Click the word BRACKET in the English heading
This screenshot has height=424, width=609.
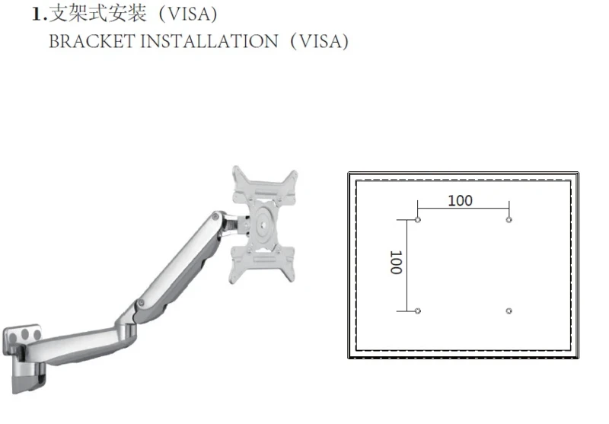[91, 41]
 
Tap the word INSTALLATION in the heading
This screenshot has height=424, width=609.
[209, 41]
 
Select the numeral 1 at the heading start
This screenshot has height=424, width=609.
[37, 14]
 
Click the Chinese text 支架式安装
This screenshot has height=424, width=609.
[98, 14]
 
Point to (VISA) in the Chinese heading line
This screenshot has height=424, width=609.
[188, 14]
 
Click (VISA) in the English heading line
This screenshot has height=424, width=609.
[319, 42]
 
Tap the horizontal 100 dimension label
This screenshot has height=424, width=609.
[461, 201]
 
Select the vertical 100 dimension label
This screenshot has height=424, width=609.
[396, 263]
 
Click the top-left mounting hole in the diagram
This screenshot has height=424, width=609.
[417, 220]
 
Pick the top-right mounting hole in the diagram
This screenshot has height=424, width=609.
[509, 220]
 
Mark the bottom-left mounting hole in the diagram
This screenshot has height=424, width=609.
[417, 311]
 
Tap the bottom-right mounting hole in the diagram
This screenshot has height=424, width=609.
[509, 311]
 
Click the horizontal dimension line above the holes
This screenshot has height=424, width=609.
[463, 209]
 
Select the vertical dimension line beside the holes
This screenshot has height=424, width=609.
[407, 265]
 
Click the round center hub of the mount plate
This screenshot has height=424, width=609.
[263, 225]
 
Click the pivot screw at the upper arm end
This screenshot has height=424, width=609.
[215, 217]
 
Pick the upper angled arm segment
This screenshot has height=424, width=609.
[179, 265]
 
